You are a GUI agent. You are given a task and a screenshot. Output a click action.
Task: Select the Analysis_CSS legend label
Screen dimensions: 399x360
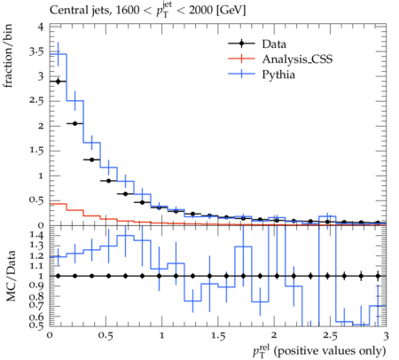(x=297, y=59)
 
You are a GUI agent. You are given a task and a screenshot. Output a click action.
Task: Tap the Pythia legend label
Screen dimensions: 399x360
(x=278, y=74)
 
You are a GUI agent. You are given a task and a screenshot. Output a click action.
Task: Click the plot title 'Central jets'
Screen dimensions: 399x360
(x=81, y=11)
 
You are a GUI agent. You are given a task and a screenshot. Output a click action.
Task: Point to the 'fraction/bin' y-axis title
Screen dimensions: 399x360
(x=8, y=56)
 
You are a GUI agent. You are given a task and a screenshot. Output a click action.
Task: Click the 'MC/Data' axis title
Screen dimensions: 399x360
(x=11, y=276)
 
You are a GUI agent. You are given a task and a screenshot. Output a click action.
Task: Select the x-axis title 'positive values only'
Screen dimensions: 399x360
(x=330, y=351)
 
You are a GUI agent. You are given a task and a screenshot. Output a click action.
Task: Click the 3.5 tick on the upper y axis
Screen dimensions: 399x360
(x=36, y=52)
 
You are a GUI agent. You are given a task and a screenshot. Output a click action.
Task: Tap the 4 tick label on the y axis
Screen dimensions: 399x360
(x=41, y=27)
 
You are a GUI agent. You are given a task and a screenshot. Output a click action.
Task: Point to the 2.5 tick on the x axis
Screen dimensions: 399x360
(x=330, y=336)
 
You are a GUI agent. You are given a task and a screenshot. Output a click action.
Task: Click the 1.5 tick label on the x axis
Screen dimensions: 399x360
(x=218, y=336)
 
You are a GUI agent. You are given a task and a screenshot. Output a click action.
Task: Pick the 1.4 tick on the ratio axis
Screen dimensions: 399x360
(x=36, y=235)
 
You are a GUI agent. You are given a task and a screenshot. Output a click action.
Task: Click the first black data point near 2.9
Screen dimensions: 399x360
(x=59, y=82)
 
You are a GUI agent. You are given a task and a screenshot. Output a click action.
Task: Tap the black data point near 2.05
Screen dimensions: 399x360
(x=75, y=123)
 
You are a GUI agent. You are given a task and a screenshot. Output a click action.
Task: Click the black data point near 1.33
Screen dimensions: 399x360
(x=92, y=160)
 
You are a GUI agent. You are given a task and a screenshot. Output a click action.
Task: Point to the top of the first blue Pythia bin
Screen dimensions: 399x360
(x=59, y=54)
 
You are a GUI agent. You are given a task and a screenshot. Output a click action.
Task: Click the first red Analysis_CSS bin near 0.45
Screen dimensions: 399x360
(x=59, y=204)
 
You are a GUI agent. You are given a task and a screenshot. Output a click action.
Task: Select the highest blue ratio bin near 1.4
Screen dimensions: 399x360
(x=126, y=235)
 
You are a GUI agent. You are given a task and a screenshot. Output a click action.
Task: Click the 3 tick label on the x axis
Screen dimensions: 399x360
(x=386, y=336)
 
